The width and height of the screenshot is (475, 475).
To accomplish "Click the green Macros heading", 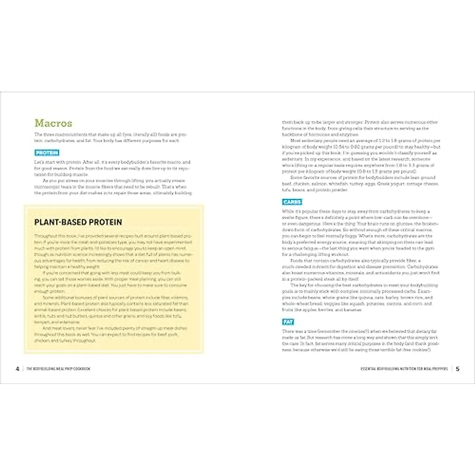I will [53, 123].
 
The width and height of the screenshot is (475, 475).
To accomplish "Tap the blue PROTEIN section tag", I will [47, 153].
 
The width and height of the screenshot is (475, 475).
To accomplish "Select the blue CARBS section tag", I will [292, 202].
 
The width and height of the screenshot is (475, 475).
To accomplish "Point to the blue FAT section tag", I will [288, 322].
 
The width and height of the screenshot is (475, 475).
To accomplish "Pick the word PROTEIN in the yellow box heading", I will [103, 222].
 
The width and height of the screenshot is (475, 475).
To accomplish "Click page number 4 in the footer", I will [17, 369].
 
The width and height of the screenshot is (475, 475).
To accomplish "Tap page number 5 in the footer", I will [458, 369].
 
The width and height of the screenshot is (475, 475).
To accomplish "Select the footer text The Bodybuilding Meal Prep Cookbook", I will [59, 369].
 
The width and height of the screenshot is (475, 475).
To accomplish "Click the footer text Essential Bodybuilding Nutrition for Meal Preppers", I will [404, 369].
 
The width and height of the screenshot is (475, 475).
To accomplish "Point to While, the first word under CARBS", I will [288, 212].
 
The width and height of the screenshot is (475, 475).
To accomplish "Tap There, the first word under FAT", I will [288, 332].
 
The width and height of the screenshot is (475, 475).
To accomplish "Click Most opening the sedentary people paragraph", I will [295, 141].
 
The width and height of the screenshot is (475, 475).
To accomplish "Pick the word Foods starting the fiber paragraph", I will [296, 261].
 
